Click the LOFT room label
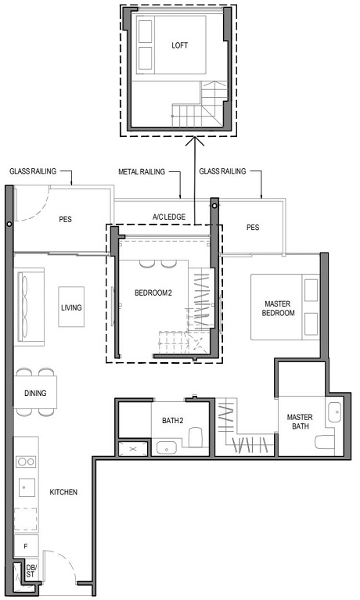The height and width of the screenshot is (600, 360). point(180,45)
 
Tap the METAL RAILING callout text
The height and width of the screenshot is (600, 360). point(140,171)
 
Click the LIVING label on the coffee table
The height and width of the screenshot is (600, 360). point(71,308)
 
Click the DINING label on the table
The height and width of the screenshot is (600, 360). point(35,393)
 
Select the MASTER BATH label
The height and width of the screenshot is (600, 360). point(300,423)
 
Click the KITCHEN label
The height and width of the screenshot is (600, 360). point(63,492)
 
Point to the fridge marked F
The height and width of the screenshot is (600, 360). point(26,543)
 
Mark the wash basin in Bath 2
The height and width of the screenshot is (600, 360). point(167,447)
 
